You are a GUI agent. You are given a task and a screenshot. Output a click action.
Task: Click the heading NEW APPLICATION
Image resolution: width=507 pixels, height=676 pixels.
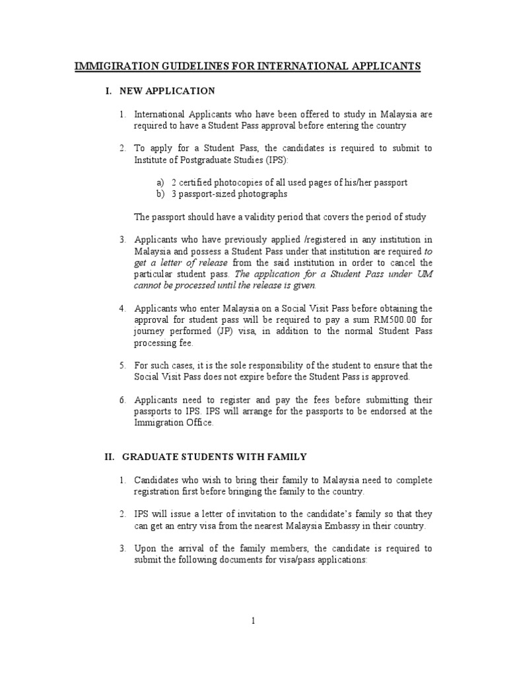pyautogui.click(x=164, y=90)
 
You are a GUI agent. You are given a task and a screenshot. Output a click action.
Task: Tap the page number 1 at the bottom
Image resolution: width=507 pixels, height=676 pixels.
pyautogui.click(x=253, y=621)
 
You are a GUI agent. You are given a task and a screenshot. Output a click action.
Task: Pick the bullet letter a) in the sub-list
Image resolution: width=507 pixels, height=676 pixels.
pyautogui.click(x=160, y=182)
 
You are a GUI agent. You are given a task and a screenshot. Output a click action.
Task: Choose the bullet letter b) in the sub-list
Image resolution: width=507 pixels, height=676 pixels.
pyautogui.click(x=160, y=194)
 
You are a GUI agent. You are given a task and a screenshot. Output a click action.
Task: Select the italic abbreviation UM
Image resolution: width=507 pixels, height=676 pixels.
pyautogui.click(x=424, y=274)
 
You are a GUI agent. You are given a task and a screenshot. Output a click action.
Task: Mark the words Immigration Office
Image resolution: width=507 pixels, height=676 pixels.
pyautogui.click(x=174, y=423)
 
